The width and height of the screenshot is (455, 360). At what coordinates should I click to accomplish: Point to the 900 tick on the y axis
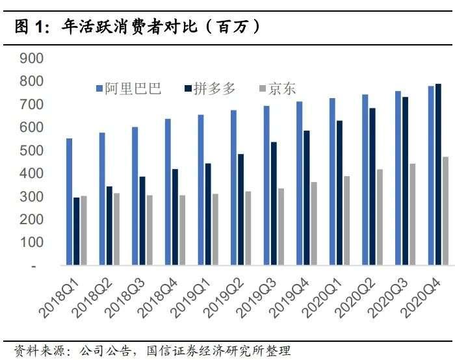(x=32, y=58)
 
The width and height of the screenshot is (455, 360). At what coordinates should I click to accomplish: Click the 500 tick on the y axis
(x=32, y=151)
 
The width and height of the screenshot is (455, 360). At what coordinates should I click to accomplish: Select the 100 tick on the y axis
(x=32, y=243)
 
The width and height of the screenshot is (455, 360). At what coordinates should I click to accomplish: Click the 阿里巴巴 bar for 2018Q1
(x=69, y=201)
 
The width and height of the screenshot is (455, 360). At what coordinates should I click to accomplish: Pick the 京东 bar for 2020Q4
(x=445, y=211)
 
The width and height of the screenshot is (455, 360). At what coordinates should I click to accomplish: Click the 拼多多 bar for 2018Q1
(x=77, y=231)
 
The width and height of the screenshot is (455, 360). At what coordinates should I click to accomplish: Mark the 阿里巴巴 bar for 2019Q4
(x=300, y=183)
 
